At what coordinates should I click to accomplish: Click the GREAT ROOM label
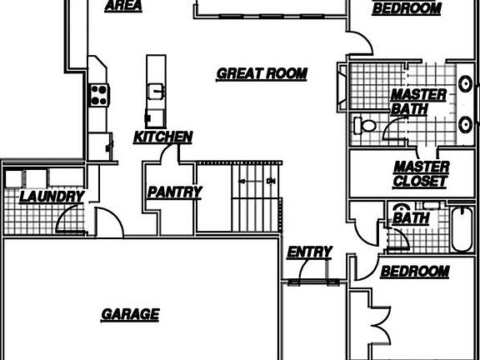(262, 74)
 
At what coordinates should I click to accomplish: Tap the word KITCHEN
(162, 137)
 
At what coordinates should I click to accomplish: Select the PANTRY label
(174, 192)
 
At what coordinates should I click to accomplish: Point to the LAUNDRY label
(52, 197)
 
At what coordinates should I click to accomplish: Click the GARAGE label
(130, 315)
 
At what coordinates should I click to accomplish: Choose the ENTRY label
(309, 252)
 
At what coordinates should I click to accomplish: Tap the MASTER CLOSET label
(421, 174)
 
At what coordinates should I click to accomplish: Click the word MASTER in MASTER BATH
(418, 95)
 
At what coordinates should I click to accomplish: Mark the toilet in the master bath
(365, 126)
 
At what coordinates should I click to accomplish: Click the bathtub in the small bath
(462, 229)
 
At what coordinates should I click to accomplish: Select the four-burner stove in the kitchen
(99, 95)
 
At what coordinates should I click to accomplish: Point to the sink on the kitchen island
(156, 92)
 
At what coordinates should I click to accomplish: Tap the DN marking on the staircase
(271, 181)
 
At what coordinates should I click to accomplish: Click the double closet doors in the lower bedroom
(381, 325)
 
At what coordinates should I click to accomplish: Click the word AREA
(123, 6)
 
